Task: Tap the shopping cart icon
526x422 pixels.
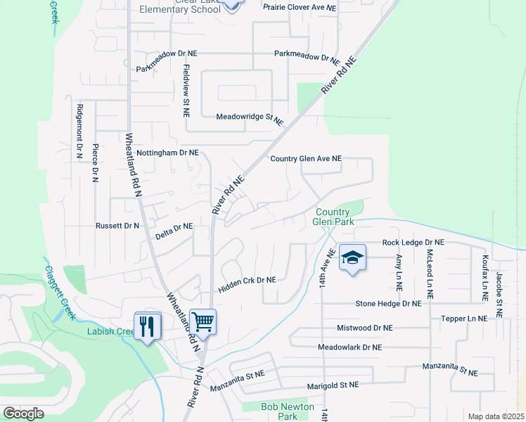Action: pyautogui.click(x=203, y=323)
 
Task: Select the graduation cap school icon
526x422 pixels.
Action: pyautogui.click(x=352, y=257)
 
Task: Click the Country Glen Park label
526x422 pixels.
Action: pyautogui.click(x=333, y=217)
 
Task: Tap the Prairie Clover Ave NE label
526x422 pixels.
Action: pyautogui.click(x=300, y=7)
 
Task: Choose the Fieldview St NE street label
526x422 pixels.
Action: pyautogui.click(x=186, y=91)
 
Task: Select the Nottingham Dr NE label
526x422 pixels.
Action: pyautogui.click(x=168, y=153)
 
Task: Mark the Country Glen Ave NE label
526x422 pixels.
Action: pyautogui.click(x=306, y=159)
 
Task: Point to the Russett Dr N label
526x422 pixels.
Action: pyautogui.click(x=117, y=226)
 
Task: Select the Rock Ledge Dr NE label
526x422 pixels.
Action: pyautogui.click(x=413, y=243)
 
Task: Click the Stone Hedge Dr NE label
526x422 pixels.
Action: pyautogui.click(x=388, y=304)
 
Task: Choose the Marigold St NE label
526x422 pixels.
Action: pyautogui.click(x=333, y=385)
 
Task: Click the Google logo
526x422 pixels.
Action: pyautogui.click(x=24, y=414)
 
